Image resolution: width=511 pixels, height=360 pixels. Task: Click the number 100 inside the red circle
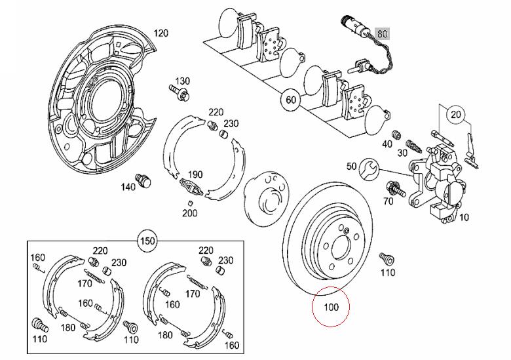click(x=331, y=307)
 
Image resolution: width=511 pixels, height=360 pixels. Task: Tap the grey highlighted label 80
click(x=383, y=34)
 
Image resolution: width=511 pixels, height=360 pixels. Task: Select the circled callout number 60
click(x=291, y=99)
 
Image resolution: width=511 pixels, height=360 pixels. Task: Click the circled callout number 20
click(x=456, y=115)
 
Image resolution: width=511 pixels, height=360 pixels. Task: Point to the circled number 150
click(x=147, y=241)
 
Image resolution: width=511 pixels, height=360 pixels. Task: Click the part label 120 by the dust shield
click(x=161, y=33)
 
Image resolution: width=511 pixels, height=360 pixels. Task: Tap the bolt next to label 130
click(x=180, y=92)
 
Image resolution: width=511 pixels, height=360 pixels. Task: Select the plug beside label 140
click(x=144, y=180)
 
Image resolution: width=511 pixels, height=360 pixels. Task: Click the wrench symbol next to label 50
click(x=369, y=169)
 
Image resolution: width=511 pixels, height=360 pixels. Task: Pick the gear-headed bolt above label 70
click(x=395, y=190)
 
